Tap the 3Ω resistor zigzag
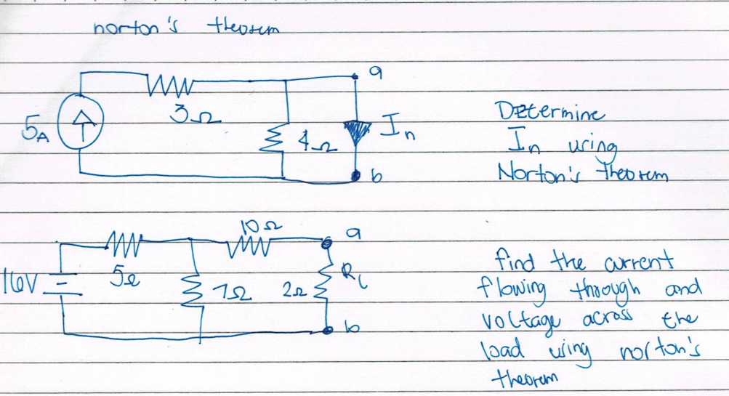(169, 86)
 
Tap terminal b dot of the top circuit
(355, 175)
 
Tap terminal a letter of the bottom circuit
(353, 234)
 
